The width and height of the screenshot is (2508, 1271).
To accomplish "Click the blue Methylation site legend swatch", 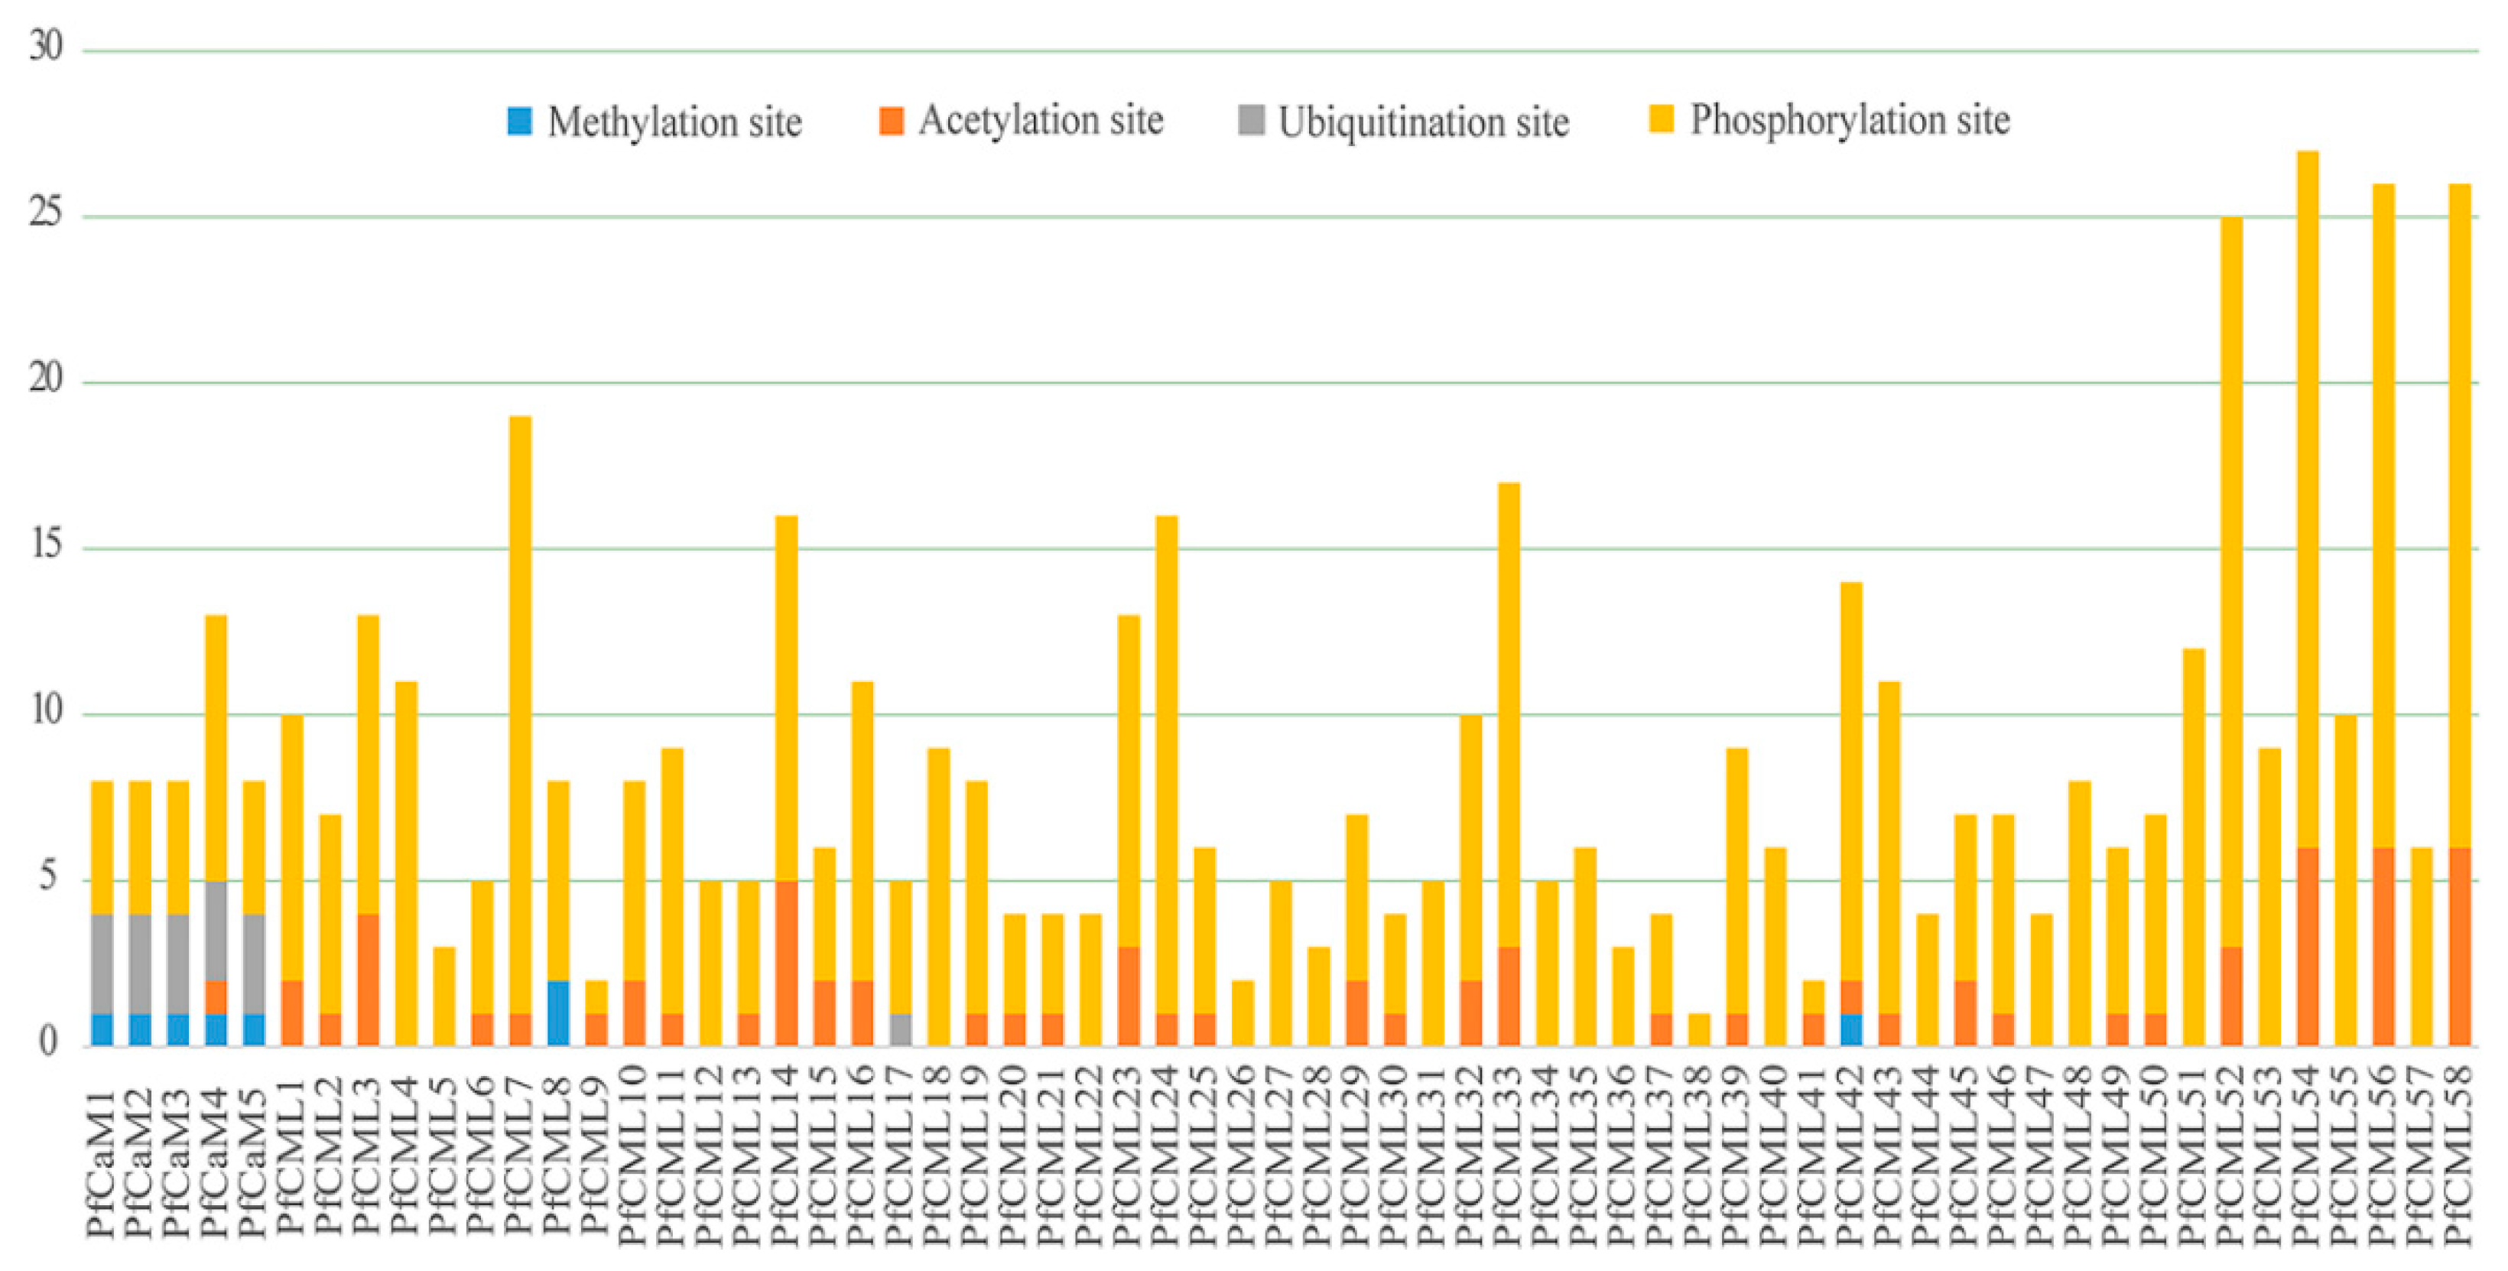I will tap(520, 121).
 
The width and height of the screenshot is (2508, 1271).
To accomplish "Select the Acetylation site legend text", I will tap(1040, 121).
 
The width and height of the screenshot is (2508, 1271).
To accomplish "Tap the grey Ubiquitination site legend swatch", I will tap(1251, 121).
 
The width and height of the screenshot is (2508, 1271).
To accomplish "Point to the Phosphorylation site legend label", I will tap(1849, 121).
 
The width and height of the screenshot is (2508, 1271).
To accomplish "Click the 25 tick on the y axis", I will tap(46, 213).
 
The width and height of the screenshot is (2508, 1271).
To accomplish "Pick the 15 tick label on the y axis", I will tap(46, 545).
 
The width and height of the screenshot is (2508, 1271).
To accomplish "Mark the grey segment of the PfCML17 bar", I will tap(901, 1029).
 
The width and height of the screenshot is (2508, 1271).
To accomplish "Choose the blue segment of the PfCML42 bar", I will tap(1851, 1029).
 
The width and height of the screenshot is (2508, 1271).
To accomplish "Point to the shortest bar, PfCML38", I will tap(1699, 1029).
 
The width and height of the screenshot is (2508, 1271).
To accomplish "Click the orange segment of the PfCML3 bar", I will tap(368, 979).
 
